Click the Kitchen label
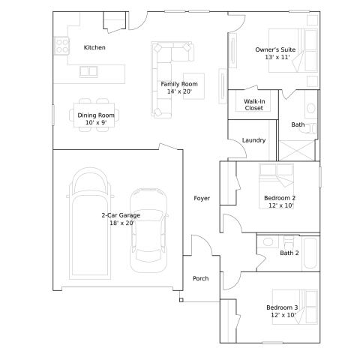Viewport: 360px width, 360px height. pyautogui.click(x=94, y=47)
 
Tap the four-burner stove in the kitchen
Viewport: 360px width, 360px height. pyautogui.click(x=61, y=46)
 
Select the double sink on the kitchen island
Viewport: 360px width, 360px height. pyautogui.click(x=88, y=72)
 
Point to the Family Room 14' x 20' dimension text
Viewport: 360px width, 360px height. pyautogui.click(x=179, y=91)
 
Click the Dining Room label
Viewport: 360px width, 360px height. pyautogui.click(x=96, y=115)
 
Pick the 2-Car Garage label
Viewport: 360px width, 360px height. pyautogui.click(x=121, y=215)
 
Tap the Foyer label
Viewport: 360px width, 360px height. pyautogui.click(x=202, y=198)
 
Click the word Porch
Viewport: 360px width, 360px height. pyautogui.click(x=200, y=278)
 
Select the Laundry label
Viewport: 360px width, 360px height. pyautogui.click(x=253, y=140)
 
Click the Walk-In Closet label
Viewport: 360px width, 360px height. pyautogui.click(x=254, y=105)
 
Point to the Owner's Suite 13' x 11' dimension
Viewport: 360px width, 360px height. pyautogui.click(x=277, y=57)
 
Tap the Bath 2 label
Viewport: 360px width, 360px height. pyautogui.click(x=289, y=253)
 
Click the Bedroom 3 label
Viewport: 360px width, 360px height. pyautogui.click(x=282, y=307)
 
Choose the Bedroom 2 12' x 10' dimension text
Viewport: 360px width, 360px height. pyautogui.click(x=281, y=205)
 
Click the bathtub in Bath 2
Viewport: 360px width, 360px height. pyautogui.click(x=310, y=253)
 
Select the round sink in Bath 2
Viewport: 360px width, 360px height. pyautogui.click(x=268, y=242)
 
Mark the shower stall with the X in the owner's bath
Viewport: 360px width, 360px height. pyautogui.click(x=296, y=151)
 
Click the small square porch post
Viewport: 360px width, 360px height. pyautogui.click(x=181, y=300)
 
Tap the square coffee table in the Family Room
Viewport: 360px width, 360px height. pyautogui.click(x=193, y=86)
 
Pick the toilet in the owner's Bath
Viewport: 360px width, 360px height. pyautogui.click(x=311, y=128)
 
